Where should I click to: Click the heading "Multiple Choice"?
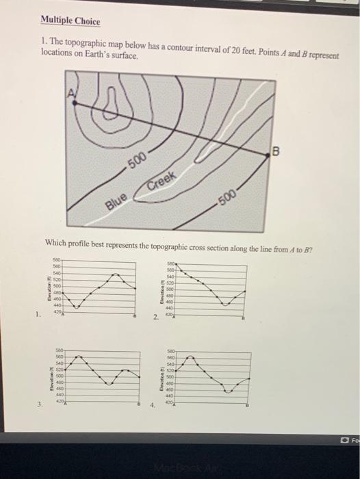pos(70,22)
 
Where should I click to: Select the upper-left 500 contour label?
pos(138,164)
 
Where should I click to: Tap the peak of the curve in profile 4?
pos(191,356)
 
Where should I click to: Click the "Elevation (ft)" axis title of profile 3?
pos(49,377)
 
